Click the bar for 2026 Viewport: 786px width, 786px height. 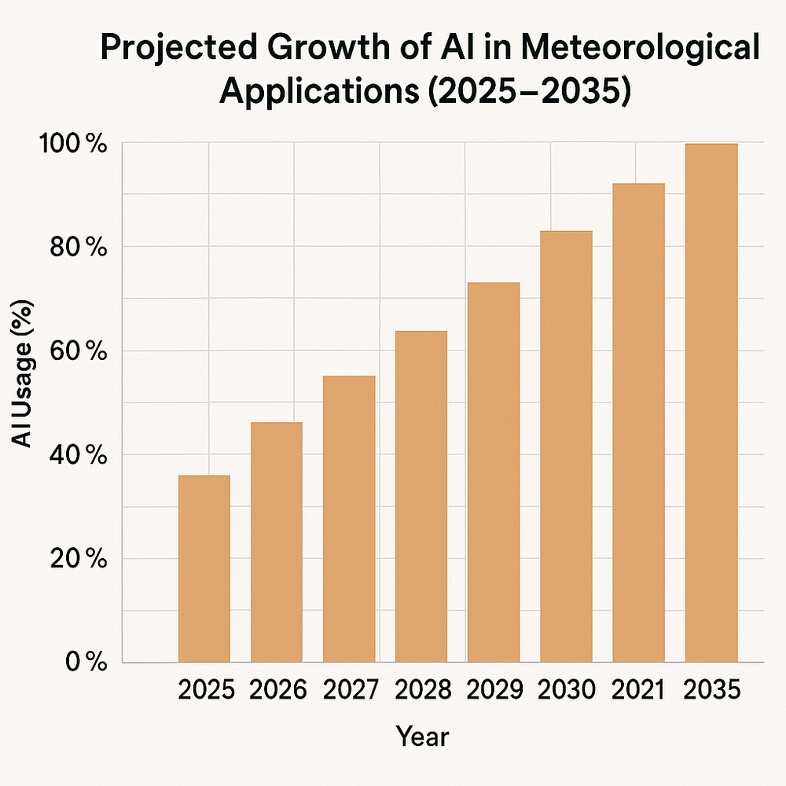pyautogui.click(x=277, y=542)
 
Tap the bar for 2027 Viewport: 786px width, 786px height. pyautogui.click(x=349, y=519)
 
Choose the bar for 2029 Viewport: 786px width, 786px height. pyautogui.click(x=494, y=472)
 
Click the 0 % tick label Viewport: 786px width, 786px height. pyautogui.click(x=85, y=663)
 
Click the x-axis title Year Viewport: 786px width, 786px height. pyautogui.click(x=422, y=737)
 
